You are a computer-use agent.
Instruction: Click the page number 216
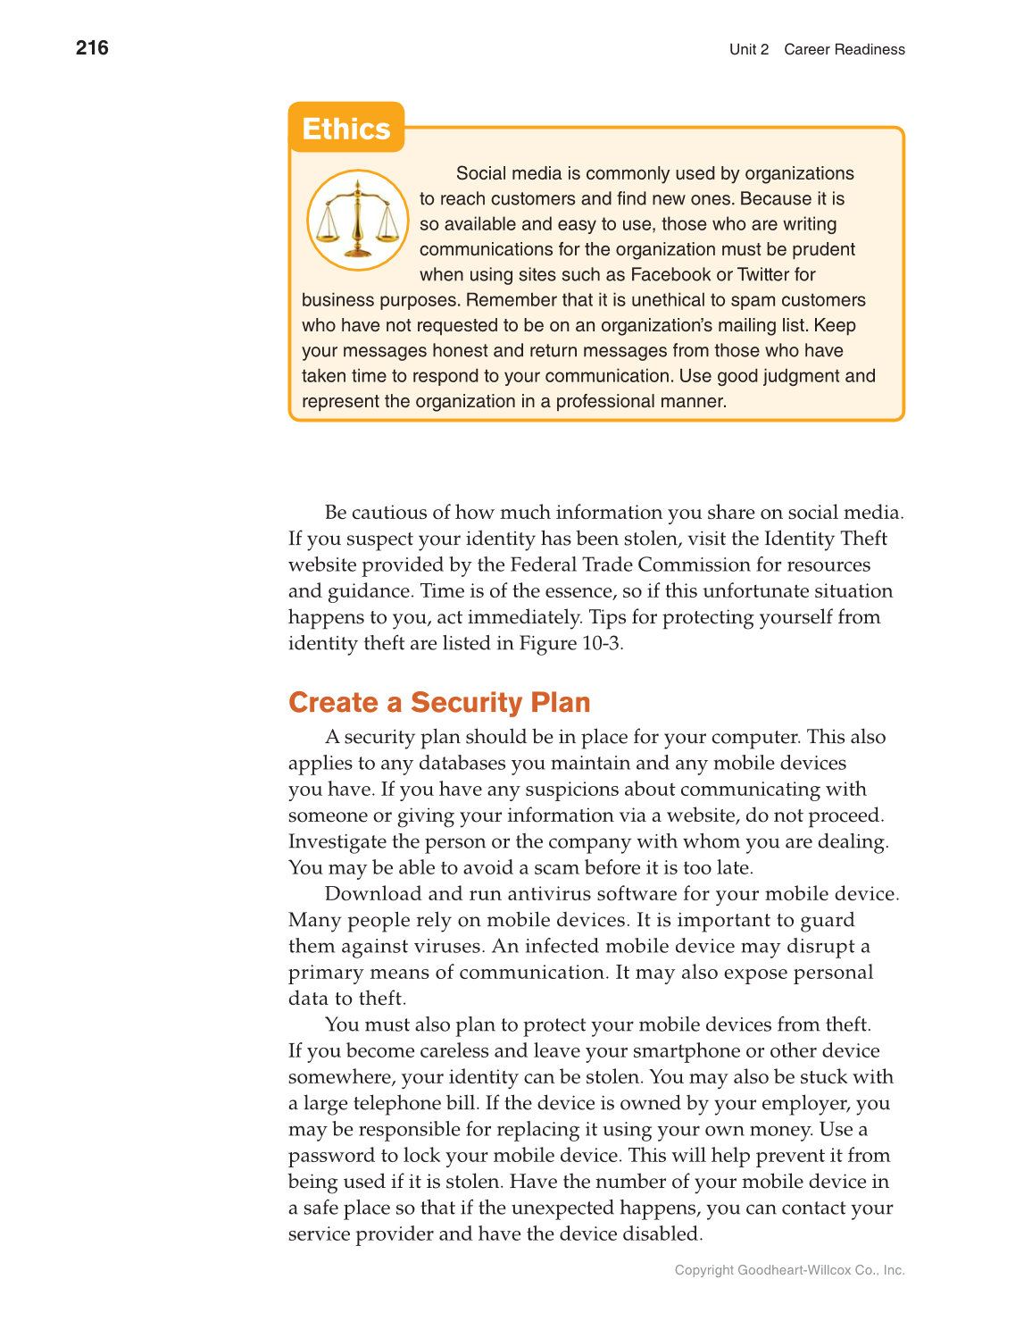tap(92, 48)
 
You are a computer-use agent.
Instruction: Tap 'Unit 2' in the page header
tap(748, 50)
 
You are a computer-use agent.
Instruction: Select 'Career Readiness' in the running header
tap(844, 50)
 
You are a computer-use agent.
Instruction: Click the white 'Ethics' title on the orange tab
tap(345, 129)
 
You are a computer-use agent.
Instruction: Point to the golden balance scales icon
tap(358, 220)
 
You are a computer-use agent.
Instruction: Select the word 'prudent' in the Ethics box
tap(823, 249)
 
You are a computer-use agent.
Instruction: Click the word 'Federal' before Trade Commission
tap(543, 564)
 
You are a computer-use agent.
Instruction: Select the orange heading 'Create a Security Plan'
tap(439, 703)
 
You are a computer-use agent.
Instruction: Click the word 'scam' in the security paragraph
tap(556, 868)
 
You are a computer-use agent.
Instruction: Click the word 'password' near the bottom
tap(331, 1156)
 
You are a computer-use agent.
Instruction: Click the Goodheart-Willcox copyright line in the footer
tap(789, 1270)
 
